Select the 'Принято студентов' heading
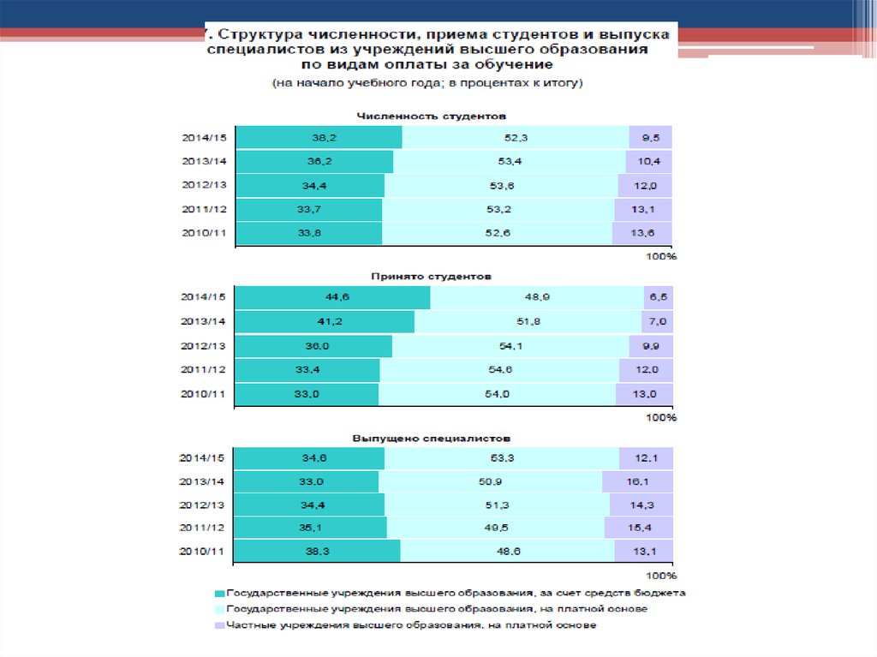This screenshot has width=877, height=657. [x=431, y=277]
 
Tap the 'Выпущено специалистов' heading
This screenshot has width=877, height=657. [x=431, y=437]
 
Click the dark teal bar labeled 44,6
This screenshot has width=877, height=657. [x=332, y=297]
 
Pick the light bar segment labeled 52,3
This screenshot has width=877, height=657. [x=516, y=137]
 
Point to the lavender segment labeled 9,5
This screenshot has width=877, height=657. [x=650, y=137]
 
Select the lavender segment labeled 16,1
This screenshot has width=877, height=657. [x=637, y=482]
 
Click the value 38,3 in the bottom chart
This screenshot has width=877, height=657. [x=318, y=552]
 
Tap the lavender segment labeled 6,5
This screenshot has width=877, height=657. [x=658, y=297]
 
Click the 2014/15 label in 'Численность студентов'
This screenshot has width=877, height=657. [x=204, y=137]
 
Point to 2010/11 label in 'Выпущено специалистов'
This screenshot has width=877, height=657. [x=204, y=552]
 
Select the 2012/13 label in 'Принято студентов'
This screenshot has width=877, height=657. [x=204, y=346]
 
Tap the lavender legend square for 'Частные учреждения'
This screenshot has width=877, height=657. [x=219, y=625]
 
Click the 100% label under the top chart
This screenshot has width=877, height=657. [x=660, y=256]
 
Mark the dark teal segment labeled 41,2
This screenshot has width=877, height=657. [x=325, y=321]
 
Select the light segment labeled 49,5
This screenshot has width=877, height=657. [x=496, y=528]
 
